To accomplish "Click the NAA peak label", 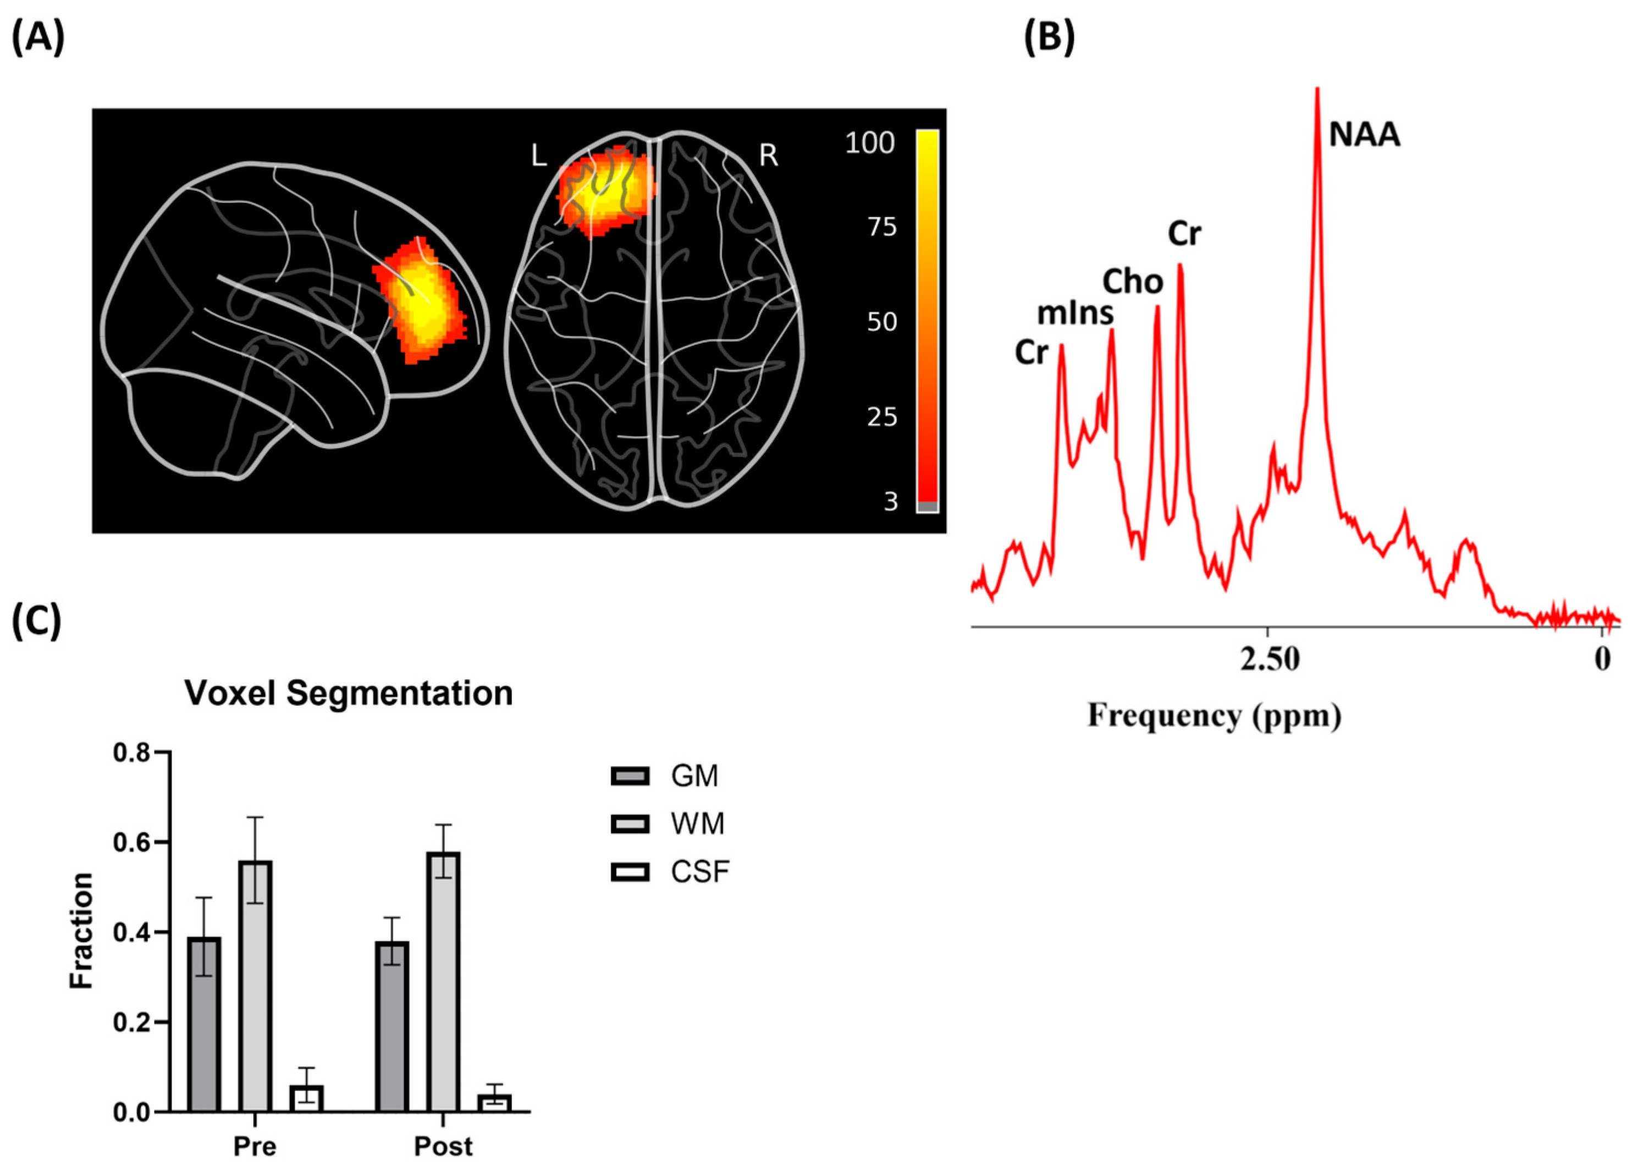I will [x=1364, y=135].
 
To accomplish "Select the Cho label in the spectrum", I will [x=1132, y=282].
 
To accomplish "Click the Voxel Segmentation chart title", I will [x=349, y=693].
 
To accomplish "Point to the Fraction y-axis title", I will [x=81, y=931].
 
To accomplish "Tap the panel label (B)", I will [x=1049, y=37].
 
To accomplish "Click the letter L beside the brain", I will [x=538, y=155].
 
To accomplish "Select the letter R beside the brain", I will [x=769, y=155].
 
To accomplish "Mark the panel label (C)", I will [x=37, y=621].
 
